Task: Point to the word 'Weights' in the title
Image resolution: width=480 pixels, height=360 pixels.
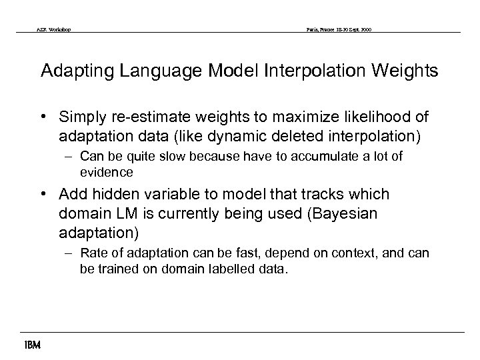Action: coord(407,71)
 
